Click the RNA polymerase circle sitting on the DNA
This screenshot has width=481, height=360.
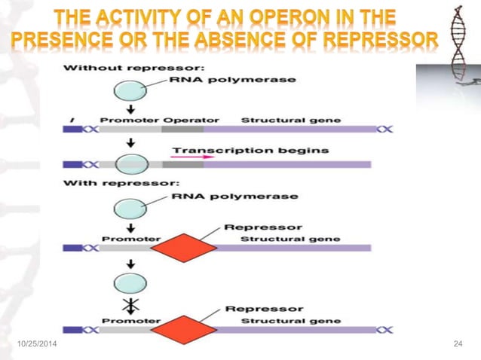131,163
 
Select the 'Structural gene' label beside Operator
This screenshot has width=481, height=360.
290,119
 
